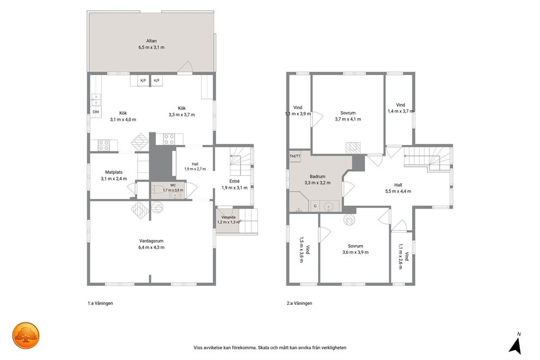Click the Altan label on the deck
click(151, 41)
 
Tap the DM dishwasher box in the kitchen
click(96, 112)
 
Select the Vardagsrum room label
click(151, 241)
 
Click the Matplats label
click(114, 172)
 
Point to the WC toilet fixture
click(159, 190)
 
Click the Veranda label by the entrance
click(228, 217)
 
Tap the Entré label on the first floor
click(235, 181)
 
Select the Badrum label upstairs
click(317, 176)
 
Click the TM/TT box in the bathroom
click(295, 156)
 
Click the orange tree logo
click(26, 335)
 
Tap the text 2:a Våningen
click(299, 303)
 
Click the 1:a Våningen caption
click(100, 303)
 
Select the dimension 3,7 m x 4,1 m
click(348, 119)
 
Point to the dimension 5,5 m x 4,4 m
click(398, 191)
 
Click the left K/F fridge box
click(143, 81)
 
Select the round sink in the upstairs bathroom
click(329, 206)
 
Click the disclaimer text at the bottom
click(270, 347)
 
